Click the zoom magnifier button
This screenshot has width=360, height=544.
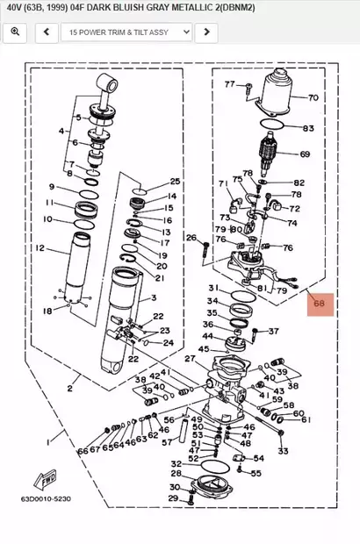coord(15,32)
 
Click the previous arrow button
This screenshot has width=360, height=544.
coord(46,32)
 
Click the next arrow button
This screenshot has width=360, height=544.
coord(205,32)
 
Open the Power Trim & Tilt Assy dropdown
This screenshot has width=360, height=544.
coord(126,32)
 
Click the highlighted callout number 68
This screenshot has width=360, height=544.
coord(320,304)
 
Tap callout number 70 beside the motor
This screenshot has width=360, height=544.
coord(313,97)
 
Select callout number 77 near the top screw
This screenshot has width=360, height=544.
coord(230,84)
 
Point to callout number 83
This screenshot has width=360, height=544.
coord(308,128)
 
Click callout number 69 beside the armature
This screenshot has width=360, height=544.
coord(305,154)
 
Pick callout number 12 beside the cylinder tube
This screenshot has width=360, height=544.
coord(40,248)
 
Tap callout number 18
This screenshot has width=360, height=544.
coord(47,311)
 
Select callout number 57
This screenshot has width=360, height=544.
coord(167,443)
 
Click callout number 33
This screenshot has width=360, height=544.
coord(283,450)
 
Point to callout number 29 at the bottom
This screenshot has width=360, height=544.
coord(172,498)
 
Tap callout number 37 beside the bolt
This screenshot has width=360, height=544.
coord(273,332)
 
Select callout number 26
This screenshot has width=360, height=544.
coord(191,238)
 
